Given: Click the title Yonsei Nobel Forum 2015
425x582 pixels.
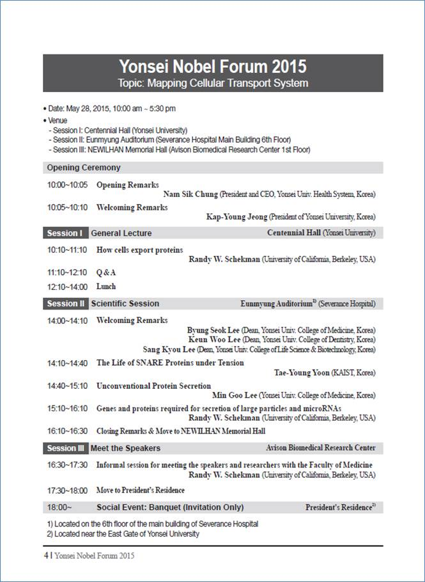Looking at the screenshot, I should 213,67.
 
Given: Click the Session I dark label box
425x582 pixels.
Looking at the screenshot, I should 65,233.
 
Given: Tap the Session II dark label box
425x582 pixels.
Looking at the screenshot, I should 65,304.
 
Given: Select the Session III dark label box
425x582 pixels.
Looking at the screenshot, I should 65,448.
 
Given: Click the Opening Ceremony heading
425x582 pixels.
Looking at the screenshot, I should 84,168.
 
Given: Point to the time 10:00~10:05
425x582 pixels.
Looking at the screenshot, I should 67,185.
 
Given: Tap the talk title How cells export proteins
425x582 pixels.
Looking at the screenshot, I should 139,250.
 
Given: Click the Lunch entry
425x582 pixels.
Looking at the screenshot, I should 106,287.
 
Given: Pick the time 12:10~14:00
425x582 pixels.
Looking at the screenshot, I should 67,287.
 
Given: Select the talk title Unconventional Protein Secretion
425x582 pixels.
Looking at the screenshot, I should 153,386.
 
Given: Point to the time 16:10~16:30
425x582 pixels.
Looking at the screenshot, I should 67,431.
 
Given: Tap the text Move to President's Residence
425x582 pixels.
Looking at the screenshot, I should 141,491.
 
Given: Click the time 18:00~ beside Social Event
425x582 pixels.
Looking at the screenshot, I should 59,507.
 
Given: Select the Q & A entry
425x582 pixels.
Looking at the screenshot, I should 106,272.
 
